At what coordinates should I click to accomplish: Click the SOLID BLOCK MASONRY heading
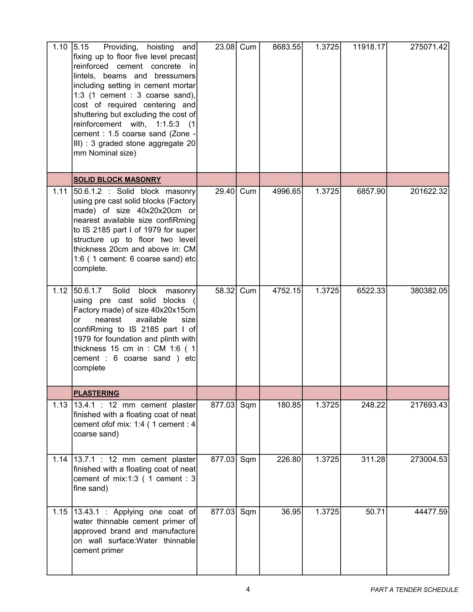click(x=117, y=180)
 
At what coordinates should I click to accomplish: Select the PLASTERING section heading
click(x=96, y=393)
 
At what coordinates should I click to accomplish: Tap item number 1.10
click(x=60, y=47)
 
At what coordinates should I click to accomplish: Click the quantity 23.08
click(x=224, y=47)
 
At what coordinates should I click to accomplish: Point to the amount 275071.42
click(x=428, y=47)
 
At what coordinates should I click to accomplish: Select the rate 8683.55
click(x=286, y=47)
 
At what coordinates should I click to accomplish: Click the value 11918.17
click(x=369, y=47)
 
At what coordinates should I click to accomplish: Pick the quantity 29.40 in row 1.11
click(x=224, y=191)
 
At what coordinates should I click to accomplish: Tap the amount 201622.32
click(x=428, y=191)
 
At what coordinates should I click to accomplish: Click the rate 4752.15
click(x=286, y=291)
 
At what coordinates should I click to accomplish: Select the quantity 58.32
click(x=224, y=291)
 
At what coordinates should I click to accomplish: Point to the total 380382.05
click(x=428, y=291)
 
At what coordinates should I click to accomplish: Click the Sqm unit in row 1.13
click(x=248, y=405)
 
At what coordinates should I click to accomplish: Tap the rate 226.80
click(x=288, y=459)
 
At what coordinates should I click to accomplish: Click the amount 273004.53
click(x=428, y=459)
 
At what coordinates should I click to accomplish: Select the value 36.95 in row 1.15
click(x=291, y=512)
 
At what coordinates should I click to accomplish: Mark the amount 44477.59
click(x=431, y=512)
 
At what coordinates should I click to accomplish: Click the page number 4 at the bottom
click(x=248, y=589)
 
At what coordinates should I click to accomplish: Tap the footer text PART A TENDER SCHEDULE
click(x=414, y=590)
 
